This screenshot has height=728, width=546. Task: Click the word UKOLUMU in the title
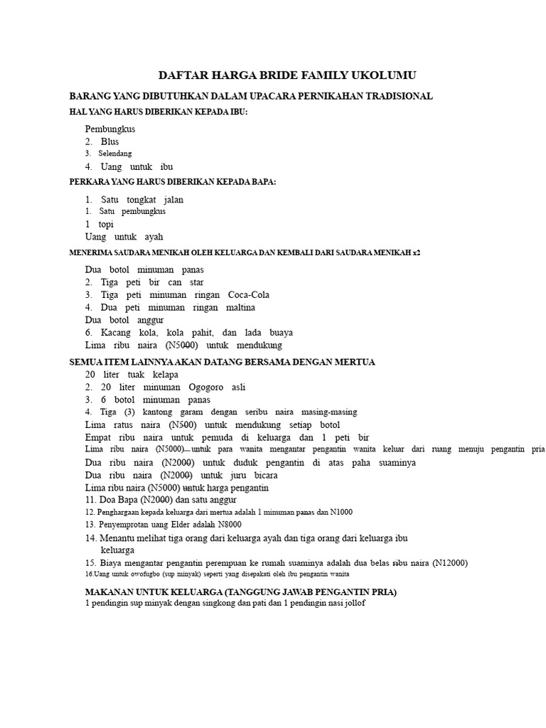383,75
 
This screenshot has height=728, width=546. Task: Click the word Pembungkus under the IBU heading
110,129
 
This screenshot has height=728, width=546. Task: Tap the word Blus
109,141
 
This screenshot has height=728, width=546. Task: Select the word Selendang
115,154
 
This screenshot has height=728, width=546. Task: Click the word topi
106,224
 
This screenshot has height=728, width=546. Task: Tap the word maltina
240,308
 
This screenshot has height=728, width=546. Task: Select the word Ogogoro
205,387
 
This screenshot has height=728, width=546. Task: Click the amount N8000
235,525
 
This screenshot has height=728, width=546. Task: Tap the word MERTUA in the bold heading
353,362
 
